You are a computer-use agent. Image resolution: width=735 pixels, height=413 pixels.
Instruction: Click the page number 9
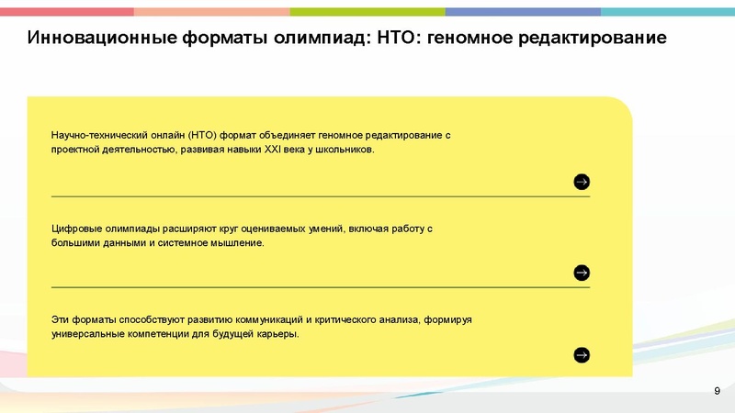[x=717, y=392]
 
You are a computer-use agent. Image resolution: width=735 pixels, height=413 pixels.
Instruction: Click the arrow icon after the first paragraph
[x=582, y=182]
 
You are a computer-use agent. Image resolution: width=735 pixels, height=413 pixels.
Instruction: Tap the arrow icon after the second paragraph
[x=582, y=273]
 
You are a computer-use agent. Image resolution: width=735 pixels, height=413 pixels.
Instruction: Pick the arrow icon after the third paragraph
[x=582, y=355]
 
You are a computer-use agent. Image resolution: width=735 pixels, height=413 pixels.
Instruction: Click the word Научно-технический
[x=96, y=135]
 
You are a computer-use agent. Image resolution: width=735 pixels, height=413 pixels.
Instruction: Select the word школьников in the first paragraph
[x=343, y=150]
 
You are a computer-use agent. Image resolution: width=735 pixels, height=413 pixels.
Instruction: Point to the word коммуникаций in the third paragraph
[x=266, y=318]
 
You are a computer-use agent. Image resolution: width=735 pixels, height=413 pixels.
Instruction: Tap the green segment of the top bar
[x=367, y=12]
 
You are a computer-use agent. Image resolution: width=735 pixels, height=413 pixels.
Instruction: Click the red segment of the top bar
[x=66, y=12]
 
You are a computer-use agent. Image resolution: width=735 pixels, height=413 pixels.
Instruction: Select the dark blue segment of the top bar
[x=523, y=12]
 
